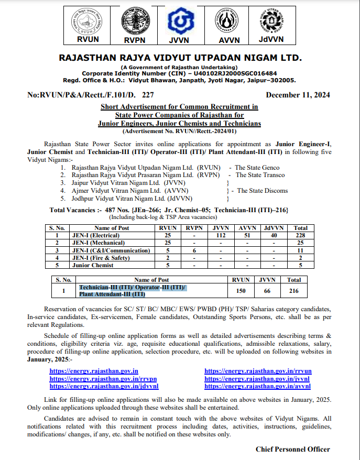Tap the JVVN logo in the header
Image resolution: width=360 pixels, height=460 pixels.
180,25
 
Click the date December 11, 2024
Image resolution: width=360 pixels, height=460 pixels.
298,95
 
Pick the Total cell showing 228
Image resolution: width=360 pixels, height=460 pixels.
300,236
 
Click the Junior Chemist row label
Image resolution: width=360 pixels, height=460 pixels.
92,265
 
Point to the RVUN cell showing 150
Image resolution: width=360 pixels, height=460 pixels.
242,290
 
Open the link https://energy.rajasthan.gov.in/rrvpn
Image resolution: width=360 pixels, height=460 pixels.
103,378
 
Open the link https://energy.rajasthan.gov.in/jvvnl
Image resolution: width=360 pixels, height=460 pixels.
257,378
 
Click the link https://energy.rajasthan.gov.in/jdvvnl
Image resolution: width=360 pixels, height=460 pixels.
105,386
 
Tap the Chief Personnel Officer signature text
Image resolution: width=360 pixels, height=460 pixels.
293,449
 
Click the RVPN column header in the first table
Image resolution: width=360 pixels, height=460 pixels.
193,228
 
